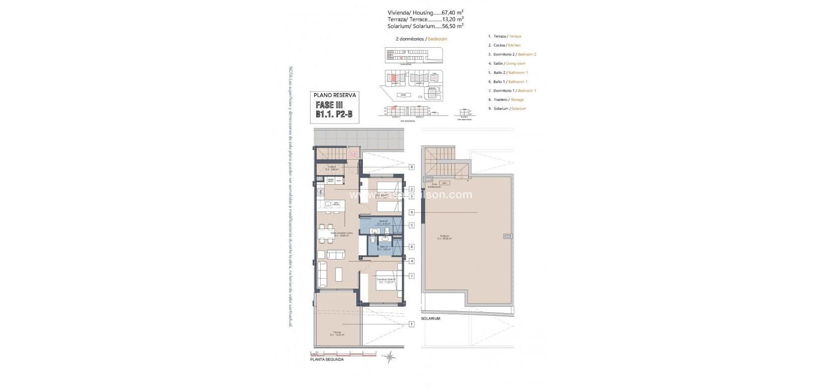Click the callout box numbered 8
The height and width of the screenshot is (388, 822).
coord(412,167)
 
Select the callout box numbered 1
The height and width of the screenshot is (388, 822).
coord(412,324)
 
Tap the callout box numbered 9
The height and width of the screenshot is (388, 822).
coord(412,212)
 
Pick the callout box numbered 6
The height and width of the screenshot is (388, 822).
coord(412,246)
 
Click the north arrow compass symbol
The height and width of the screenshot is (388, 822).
coord(390,357)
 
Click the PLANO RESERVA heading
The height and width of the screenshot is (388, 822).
coord(334,94)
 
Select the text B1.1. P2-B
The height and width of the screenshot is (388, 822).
coord(334,115)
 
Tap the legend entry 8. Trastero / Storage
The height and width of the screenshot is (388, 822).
coord(505,99)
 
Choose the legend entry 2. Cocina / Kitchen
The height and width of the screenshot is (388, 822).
coord(504,45)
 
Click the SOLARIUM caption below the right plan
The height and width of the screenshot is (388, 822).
coord(431,319)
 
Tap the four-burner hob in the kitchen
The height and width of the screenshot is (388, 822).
coord(320,191)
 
